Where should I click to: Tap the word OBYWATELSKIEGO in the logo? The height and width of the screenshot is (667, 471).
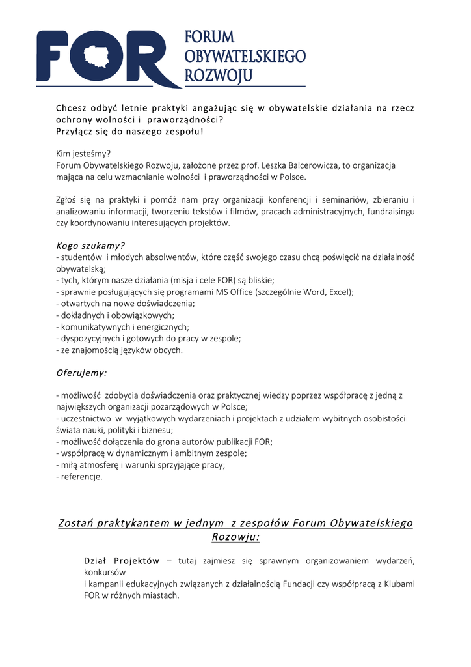pos(245,56)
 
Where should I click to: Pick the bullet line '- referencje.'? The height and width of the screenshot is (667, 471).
pos(79,477)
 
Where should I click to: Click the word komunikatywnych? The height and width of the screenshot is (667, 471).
pos(93,326)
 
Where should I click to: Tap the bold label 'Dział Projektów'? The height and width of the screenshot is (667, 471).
pos(122,560)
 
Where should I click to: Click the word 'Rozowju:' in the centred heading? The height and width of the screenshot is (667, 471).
pos(235,537)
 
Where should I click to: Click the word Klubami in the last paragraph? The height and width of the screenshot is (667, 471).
pos(397,584)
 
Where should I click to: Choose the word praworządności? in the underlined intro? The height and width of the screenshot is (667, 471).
pos(185,120)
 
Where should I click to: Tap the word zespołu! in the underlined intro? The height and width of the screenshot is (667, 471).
pos(183,131)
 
